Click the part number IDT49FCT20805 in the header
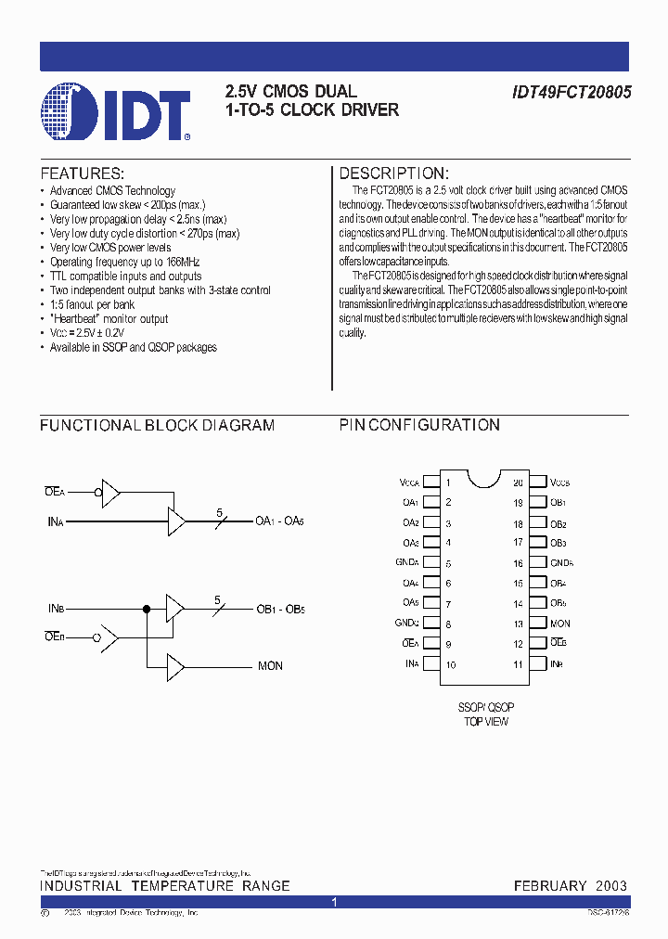click(572, 94)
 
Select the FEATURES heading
click(82, 174)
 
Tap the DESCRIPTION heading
click(393, 174)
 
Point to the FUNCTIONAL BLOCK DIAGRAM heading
click(157, 426)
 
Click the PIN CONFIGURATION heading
click(419, 426)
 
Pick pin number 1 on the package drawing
click(448, 482)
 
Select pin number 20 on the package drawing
click(519, 482)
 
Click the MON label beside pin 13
click(559, 624)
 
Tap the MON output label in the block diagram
click(270, 666)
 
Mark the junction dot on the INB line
click(146, 609)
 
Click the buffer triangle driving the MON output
click(175, 666)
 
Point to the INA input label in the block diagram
click(55, 521)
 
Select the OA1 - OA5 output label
click(279, 521)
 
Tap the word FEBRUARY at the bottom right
click(548, 886)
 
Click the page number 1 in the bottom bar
click(335, 902)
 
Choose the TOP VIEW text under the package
click(486, 722)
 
